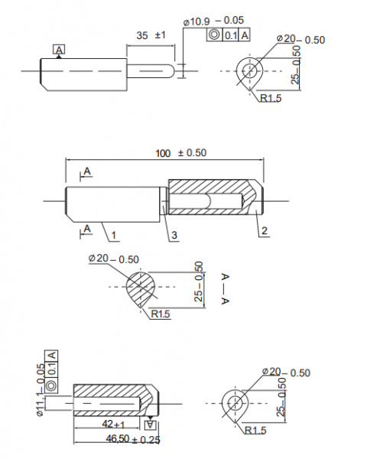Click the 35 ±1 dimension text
click(x=151, y=35)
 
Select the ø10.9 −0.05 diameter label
click(x=213, y=21)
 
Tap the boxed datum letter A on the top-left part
click(x=59, y=50)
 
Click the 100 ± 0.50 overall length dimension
click(x=180, y=153)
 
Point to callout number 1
click(x=113, y=235)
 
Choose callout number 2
click(x=264, y=231)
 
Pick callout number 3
click(x=174, y=235)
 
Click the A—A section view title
click(x=225, y=288)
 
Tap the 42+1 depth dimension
click(x=113, y=424)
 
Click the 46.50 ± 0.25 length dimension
click(x=133, y=439)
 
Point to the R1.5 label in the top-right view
click(x=271, y=98)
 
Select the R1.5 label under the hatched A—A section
click(x=161, y=314)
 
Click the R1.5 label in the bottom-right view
click(x=255, y=430)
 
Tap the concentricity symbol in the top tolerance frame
click(x=214, y=34)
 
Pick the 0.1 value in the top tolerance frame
click(x=231, y=35)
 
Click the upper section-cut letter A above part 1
click(x=87, y=171)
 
